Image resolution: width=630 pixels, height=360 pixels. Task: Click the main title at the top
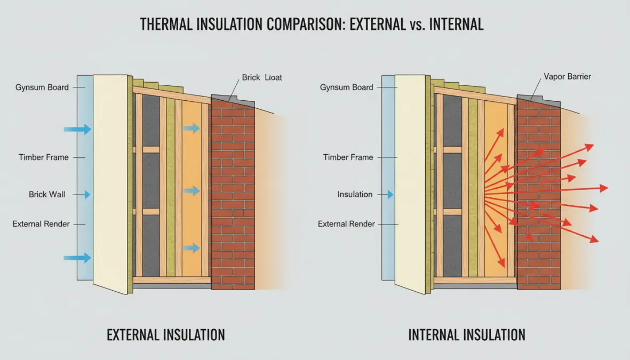(x=312, y=25)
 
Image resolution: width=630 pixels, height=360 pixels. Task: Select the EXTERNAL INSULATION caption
(x=166, y=335)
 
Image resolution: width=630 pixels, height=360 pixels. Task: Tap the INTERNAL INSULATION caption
(x=467, y=335)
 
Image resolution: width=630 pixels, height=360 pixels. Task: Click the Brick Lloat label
(x=261, y=77)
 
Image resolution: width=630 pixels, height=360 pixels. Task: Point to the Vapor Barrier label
(x=567, y=77)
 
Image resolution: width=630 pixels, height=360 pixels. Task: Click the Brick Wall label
(x=47, y=195)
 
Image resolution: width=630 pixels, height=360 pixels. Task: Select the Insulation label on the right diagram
(x=355, y=195)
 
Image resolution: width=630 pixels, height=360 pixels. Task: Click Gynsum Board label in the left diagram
(x=42, y=87)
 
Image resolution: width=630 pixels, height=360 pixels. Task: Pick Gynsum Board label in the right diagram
(x=347, y=87)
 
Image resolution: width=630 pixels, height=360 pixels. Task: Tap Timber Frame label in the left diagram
(x=43, y=157)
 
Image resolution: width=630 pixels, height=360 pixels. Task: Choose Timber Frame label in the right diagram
(x=348, y=157)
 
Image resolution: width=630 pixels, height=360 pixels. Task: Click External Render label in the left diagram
(x=41, y=224)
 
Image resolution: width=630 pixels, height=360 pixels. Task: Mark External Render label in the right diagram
(x=346, y=224)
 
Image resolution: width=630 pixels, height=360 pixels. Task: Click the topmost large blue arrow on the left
(x=77, y=129)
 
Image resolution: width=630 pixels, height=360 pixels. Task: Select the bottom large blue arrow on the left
(x=77, y=258)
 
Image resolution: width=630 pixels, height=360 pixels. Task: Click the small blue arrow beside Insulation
(x=390, y=195)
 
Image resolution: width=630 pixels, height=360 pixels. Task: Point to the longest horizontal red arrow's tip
(x=607, y=188)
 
